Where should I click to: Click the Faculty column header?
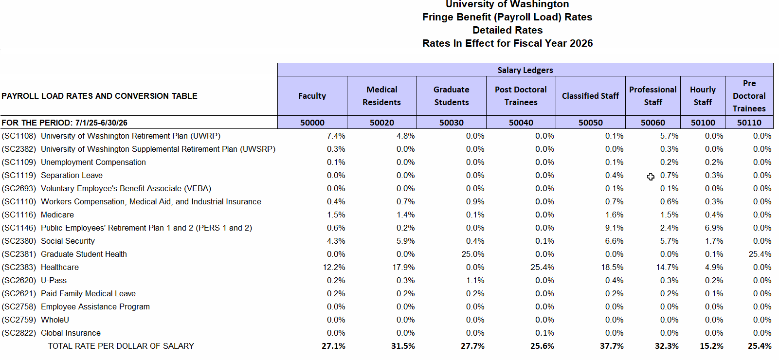(x=312, y=96)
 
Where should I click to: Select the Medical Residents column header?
(x=381, y=96)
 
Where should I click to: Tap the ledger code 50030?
(x=451, y=123)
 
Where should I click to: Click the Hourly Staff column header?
(x=703, y=96)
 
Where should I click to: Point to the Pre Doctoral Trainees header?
(x=749, y=96)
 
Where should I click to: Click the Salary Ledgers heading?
(x=525, y=70)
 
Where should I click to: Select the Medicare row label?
(x=57, y=215)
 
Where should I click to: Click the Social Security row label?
(x=68, y=241)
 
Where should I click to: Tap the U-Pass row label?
(x=54, y=280)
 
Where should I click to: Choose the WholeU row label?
(x=55, y=320)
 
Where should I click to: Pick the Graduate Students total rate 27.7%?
(x=472, y=346)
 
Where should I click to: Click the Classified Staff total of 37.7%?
(x=612, y=346)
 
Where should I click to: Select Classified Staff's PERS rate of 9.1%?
(x=614, y=228)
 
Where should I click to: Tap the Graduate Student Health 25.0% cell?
(x=473, y=254)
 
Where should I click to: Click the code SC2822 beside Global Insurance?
(x=19, y=333)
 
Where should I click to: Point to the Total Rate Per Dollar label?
(x=121, y=346)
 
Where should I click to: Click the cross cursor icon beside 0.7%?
(x=651, y=177)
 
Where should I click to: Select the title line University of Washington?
(x=507, y=4)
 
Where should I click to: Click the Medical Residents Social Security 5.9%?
(x=405, y=241)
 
